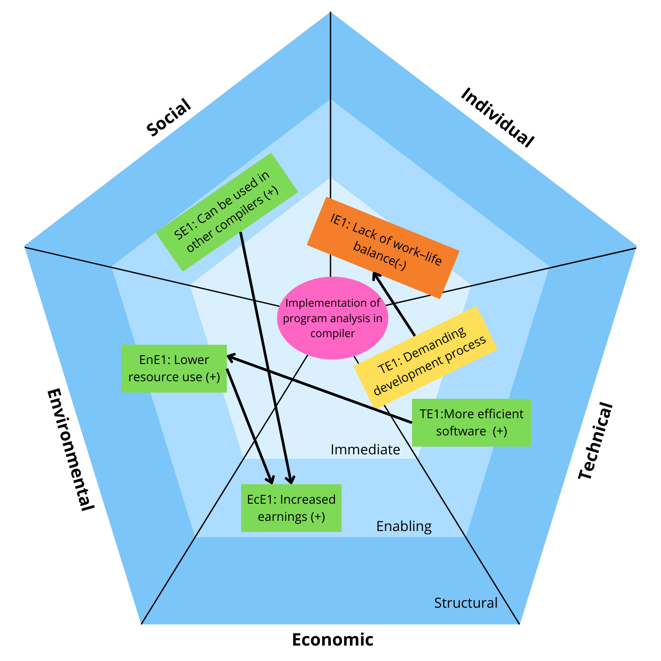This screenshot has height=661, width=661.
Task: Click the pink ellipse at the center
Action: tap(332, 318)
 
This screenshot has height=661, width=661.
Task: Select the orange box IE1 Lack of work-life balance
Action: tap(383, 248)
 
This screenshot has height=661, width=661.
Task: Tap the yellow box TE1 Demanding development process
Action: tap(426, 356)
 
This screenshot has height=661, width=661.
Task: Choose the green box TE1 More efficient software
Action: tap(471, 423)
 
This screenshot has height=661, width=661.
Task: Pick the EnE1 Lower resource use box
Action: tap(174, 368)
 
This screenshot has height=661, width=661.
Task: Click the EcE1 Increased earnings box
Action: tap(291, 508)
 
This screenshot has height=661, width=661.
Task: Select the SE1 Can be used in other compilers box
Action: tap(227, 212)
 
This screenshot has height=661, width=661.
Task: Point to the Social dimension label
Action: tap(169, 118)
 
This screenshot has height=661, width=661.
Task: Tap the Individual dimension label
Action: tap(497, 117)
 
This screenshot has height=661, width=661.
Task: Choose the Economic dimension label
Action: tap(333, 639)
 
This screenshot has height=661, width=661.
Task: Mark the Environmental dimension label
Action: tap(71, 449)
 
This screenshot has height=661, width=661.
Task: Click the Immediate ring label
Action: tap(365, 449)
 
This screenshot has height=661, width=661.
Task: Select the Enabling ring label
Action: tap(404, 526)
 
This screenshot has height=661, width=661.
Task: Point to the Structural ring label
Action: tap(466, 603)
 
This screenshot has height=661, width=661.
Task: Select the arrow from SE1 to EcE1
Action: tap(264, 353)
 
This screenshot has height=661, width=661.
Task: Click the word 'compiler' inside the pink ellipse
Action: tap(332, 334)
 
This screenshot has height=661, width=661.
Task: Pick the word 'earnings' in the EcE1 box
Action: tap(282, 516)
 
